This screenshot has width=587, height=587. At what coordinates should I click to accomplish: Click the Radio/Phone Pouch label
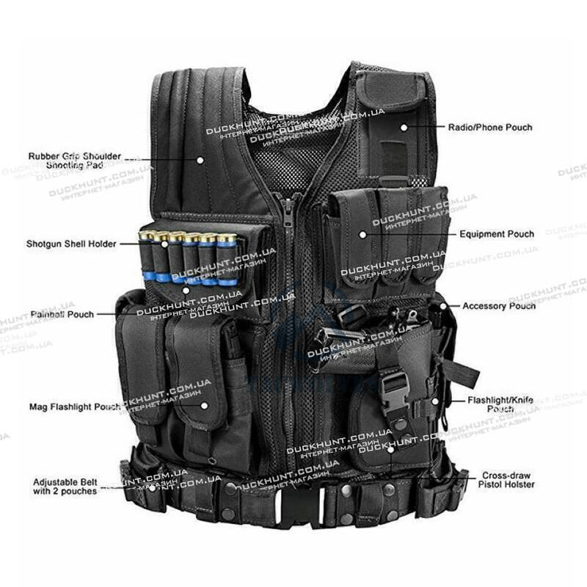pos(490,127)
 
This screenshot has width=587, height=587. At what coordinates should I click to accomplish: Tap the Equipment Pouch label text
pos(497,234)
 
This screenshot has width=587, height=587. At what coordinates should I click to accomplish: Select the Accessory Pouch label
pos(499,305)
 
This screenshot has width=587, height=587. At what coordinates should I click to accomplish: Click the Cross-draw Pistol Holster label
pos(507,480)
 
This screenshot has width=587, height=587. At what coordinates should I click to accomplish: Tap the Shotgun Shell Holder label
pos(71,244)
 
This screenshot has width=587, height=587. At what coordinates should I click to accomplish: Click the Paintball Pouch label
pos(62,314)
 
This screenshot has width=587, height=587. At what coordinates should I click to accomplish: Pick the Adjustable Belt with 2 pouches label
pos(65,486)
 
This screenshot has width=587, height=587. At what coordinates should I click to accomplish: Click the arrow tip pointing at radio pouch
pos(404,127)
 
